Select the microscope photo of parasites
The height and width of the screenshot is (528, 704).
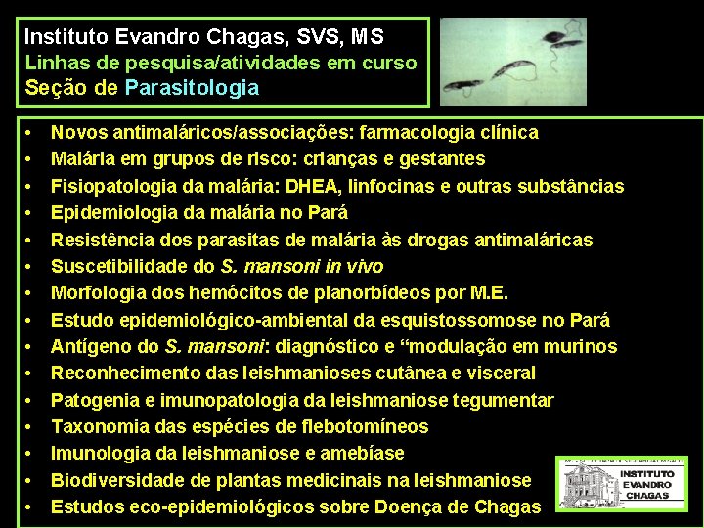point(512,60)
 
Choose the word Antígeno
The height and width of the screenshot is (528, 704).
point(90,346)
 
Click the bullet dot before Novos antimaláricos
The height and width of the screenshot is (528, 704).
point(31,133)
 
